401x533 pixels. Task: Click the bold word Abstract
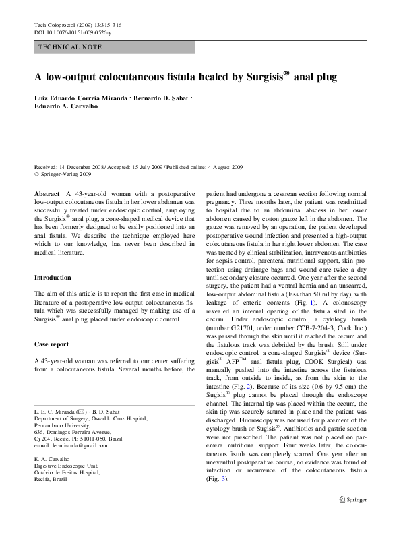coord(47,193)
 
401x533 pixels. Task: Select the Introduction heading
coord(53,278)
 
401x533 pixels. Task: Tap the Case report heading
coord(51,344)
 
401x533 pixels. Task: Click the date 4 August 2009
coord(223,166)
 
